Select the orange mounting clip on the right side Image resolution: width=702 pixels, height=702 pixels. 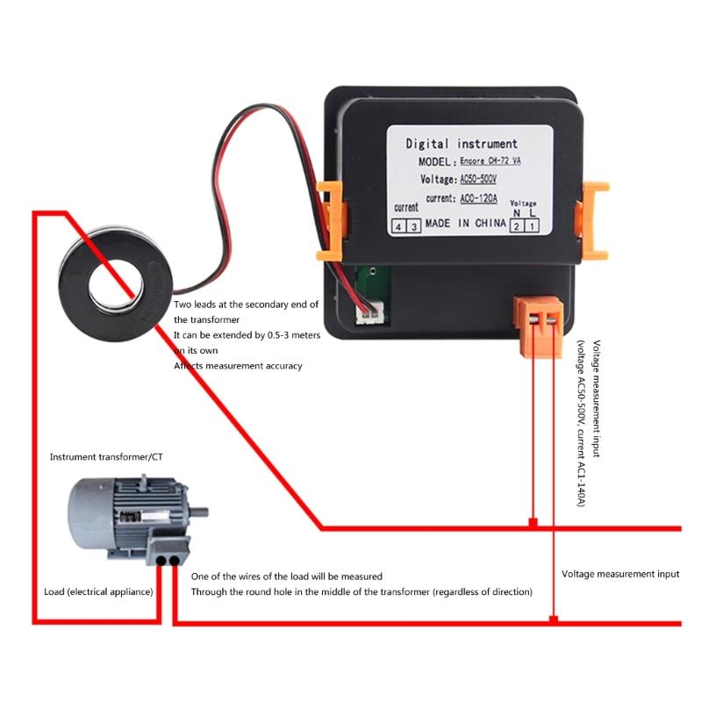tap(594, 219)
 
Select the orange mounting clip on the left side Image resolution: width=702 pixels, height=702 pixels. tap(330, 219)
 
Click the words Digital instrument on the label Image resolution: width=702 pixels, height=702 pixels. tap(461, 144)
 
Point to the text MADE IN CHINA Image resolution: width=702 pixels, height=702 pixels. tap(464, 224)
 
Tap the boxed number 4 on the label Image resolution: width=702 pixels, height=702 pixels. tap(399, 226)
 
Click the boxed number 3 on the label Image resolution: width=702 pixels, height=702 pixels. tap(413, 226)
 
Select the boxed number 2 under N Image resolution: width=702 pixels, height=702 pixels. tap(517, 226)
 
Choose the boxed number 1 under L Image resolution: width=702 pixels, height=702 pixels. tap(531, 226)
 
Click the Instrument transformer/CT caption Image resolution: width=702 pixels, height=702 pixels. tap(105, 457)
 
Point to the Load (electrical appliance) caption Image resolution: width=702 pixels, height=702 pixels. tap(98, 592)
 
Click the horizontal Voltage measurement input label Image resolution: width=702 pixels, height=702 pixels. tap(620, 574)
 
